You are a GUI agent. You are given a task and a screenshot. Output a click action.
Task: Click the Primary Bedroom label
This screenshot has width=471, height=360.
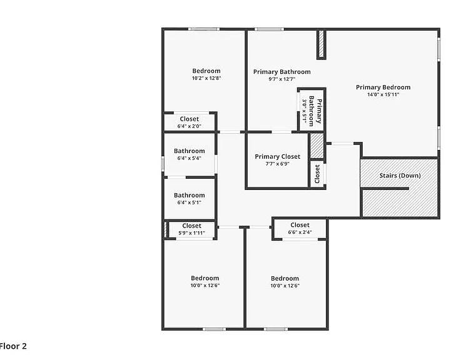pyautogui.click(x=383, y=87)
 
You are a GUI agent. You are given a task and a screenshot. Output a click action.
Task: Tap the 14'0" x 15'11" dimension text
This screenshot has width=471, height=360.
pyautogui.click(x=383, y=94)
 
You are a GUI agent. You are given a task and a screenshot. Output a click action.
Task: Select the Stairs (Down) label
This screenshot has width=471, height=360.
pyautogui.click(x=400, y=176)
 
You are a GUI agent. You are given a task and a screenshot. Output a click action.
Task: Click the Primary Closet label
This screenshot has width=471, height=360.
pyautogui.click(x=278, y=157)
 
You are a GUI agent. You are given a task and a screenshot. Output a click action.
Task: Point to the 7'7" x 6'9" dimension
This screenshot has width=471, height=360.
pyautogui.click(x=278, y=164)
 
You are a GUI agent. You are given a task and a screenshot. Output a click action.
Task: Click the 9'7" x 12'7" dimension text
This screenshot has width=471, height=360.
pyautogui.click(x=281, y=79)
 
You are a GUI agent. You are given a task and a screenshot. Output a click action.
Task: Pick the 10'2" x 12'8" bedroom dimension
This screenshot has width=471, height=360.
pyautogui.click(x=206, y=78)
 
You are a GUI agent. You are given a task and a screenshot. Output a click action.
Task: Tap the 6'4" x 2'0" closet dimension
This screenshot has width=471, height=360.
pyautogui.click(x=190, y=126)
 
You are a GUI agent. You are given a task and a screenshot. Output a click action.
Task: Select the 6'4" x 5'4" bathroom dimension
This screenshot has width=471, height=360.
pyautogui.click(x=190, y=158)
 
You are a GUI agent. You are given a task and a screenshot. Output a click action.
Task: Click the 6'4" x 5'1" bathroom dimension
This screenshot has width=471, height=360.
pyautogui.click(x=190, y=202)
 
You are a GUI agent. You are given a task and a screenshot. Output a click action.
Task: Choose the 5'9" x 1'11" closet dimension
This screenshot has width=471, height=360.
pyautogui.click(x=191, y=233)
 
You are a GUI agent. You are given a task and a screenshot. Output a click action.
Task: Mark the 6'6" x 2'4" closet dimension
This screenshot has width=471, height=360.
pyautogui.click(x=300, y=232)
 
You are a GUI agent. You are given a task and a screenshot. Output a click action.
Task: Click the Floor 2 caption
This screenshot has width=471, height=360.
pyautogui.click(x=13, y=346)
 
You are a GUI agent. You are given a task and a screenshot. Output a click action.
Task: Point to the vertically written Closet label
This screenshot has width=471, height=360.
pyautogui.click(x=317, y=174)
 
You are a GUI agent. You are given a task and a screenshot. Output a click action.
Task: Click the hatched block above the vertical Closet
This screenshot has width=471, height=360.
pyautogui.click(x=317, y=146)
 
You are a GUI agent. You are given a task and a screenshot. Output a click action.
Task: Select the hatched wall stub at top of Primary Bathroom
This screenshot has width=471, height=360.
pyautogui.click(x=321, y=44)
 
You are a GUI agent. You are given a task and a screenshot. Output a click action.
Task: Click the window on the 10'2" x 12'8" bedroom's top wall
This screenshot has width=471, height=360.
pyautogui.click(x=204, y=29)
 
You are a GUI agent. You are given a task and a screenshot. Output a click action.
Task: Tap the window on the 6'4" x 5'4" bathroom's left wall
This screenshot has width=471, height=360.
pyautogui.click(x=163, y=164)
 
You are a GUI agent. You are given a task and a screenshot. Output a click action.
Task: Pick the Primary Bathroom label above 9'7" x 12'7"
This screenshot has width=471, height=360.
pyautogui.click(x=281, y=72)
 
